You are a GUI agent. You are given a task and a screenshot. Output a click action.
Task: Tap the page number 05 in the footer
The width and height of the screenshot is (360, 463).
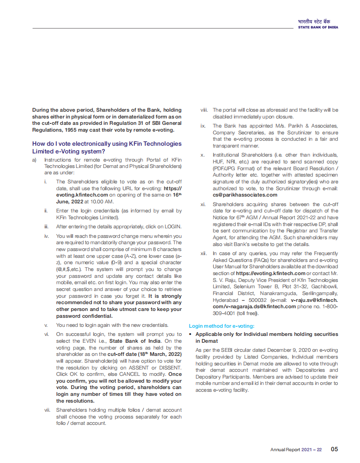click(334, 449)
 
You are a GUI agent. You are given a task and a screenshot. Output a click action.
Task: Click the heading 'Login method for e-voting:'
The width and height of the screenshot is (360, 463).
click(222, 325)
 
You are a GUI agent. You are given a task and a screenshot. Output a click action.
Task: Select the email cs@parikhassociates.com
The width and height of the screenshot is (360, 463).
click(245, 195)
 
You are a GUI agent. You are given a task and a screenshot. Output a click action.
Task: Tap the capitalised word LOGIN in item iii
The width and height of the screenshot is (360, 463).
click(173, 227)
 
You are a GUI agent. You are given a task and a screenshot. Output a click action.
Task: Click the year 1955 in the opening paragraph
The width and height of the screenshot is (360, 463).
click(78, 129)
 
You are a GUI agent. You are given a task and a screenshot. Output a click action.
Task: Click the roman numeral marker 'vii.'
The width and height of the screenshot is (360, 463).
click(47, 410)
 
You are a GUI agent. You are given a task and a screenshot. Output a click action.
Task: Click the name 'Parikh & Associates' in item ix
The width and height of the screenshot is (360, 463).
click(313, 126)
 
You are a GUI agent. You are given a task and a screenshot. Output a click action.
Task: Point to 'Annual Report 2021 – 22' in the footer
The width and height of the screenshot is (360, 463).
click(296, 450)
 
